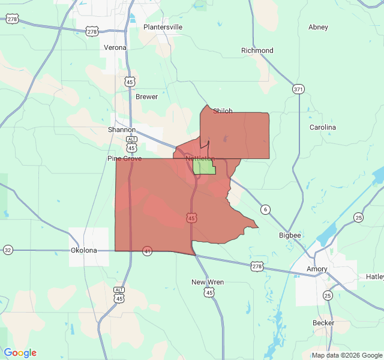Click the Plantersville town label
pyautogui.click(x=163, y=27)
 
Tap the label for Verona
pyautogui.click(x=115, y=47)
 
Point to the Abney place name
pyautogui.click(x=318, y=27)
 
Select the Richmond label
pyautogui.click(x=257, y=50)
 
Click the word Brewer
pyautogui.click(x=146, y=97)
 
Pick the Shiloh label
pyautogui.click(x=223, y=111)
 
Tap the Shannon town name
pyautogui.click(x=122, y=130)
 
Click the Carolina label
pyautogui.click(x=323, y=127)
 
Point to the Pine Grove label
pyautogui.click(x=124, y=158)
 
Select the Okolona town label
pyautogui.click(x=83, y=250)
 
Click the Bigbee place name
pyautogui.click(x=290, y=235)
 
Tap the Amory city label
pyautogui.click(x=317, y=269)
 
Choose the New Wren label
pyautogui.click(x=207, y=282)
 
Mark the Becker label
pyautogui.click(x=323, y=323)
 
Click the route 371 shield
pyautogui.click(x=298, y=89)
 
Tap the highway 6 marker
pyautogui.click(x=265, y=209)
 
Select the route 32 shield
pyautogui.click(x=8, y=250)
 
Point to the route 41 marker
pyautogui.click(x=147, y=250)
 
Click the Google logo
pyautogui.click(x=20, y=353)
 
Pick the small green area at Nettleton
pyautogui.click(x=203, y=167)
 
